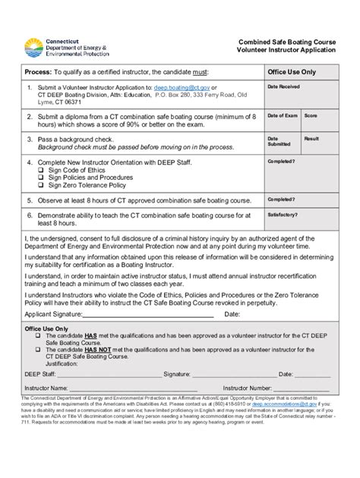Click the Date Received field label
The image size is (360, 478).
pyautogui.click(x=283, y=86)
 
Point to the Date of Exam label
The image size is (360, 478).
pyautogui.click(x=282, y=115)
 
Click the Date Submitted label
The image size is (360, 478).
pyautogui.click(x=279, y=141)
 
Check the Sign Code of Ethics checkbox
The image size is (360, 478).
pyautogui.click(x=41, y=171)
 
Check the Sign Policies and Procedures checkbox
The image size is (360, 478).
pyautogui.click(x=41, y=178)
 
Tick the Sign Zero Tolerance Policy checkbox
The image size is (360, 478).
pyautogui.click(x=41, y=184)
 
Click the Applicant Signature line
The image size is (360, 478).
pyautogui.click(x=159, y=315)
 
